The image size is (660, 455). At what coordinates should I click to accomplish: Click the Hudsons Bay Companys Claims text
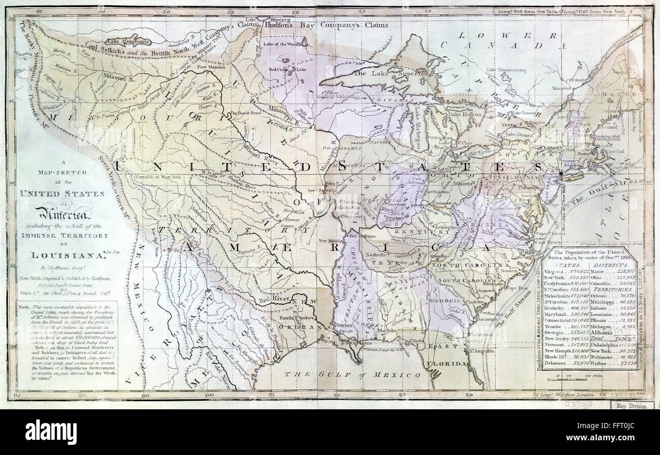(x=325, y=24)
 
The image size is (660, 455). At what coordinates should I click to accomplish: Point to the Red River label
(x=271, y=299)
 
